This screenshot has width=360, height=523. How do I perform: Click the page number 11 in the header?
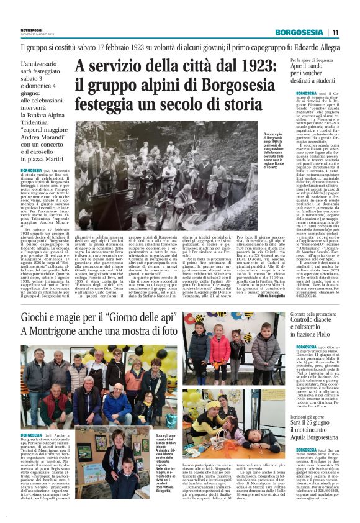point(335,32)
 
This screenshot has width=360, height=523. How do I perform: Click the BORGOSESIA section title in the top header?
point(300,32)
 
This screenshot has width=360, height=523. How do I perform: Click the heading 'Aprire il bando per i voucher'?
point(314,69)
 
